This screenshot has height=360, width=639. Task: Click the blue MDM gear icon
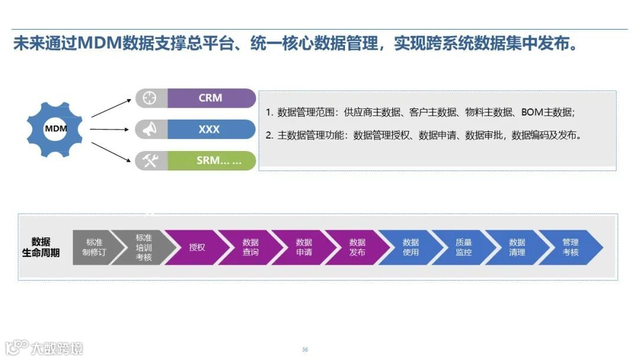[x=56, y=129]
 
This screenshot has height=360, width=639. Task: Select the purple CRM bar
[x=211, y=98]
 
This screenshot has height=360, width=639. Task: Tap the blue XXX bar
[x=211, y=130]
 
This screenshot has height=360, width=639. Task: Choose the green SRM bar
[x=211, y=160]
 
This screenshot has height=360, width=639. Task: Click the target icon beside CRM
[x=150, y=98]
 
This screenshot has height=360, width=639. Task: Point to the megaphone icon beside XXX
[x=150, y=130]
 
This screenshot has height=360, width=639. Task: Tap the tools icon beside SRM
[x=150, y=160]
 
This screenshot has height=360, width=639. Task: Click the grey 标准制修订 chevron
[x=93, y=247]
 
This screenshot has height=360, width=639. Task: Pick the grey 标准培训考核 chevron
[x=143, y=247]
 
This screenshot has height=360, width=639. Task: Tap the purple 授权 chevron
[x=196, y=247]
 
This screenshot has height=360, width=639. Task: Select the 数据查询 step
[x=250, y=247]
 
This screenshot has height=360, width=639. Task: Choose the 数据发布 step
[x=357, y=247]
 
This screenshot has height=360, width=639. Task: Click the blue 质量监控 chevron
[x=463, y=247]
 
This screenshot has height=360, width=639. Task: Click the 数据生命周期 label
[x=41, y=247]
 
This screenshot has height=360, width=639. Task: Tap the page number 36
[x=305, y=349]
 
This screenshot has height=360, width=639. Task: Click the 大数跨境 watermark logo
[x=44, y=347]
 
